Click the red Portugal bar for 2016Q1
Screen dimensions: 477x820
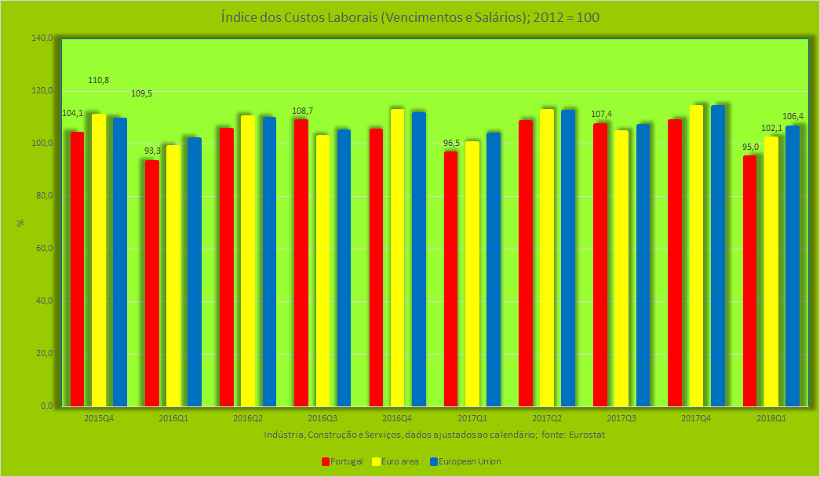pos(152,282)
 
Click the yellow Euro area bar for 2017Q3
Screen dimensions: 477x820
pos(621,268)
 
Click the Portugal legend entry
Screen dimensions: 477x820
pos(342,461)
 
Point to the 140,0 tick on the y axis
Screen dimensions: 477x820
pos(42,38)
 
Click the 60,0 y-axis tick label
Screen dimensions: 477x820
pos(42,249)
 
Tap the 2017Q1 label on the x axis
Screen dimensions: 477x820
pos(472,419)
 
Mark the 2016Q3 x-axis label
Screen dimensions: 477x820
pos(323,419)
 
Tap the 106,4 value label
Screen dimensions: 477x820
pos(793,116)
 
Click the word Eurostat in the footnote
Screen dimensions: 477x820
pos(588,434)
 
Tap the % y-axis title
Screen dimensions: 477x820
pos(21,223)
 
